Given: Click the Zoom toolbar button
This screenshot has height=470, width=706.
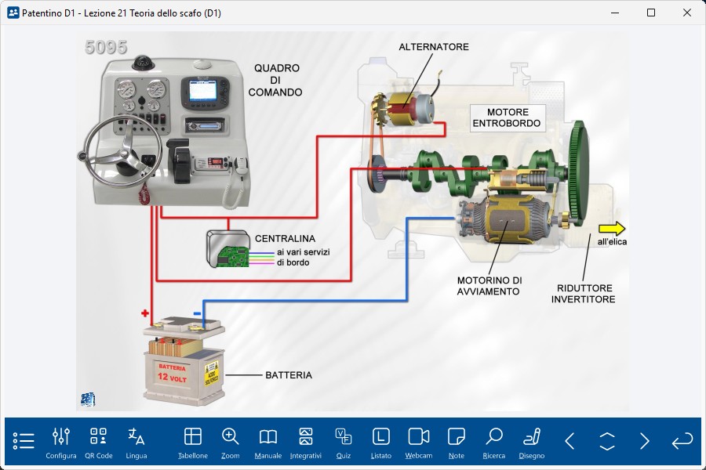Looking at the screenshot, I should (x=230, y=442).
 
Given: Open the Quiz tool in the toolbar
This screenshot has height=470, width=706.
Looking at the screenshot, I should (x=343, y=442).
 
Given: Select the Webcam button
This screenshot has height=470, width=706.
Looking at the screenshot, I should (x=419, y=442).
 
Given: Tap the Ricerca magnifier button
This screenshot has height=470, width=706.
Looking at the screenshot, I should (x=494, y=442).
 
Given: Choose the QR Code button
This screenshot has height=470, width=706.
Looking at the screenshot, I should (x=98, y=442).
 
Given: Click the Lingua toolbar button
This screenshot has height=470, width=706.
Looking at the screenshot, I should (x=136, y=442).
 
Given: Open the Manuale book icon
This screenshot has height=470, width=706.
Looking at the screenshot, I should (x=268, y=442).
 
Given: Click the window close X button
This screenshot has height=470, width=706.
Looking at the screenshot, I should (x=687, y=13).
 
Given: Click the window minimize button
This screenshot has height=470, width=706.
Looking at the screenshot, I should (x=615, y=13).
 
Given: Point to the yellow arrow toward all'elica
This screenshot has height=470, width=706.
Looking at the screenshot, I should (x=612, y=229).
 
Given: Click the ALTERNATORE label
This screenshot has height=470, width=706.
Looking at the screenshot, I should (x=434, y=47).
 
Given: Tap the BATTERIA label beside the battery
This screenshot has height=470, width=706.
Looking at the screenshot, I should (x=288, y=375).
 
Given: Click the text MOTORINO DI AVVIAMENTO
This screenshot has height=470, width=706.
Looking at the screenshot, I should (x=489, y=286).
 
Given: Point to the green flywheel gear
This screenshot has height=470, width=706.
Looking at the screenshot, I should (x=580, y=173).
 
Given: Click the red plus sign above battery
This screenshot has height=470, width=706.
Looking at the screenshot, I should (x=145, y=313).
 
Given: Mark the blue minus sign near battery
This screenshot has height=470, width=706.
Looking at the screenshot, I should (x=197, y=314).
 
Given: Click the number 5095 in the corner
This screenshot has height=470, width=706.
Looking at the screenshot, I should (x=106, y=47).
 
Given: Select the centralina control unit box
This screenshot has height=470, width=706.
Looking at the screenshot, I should (x=227, y=248).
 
